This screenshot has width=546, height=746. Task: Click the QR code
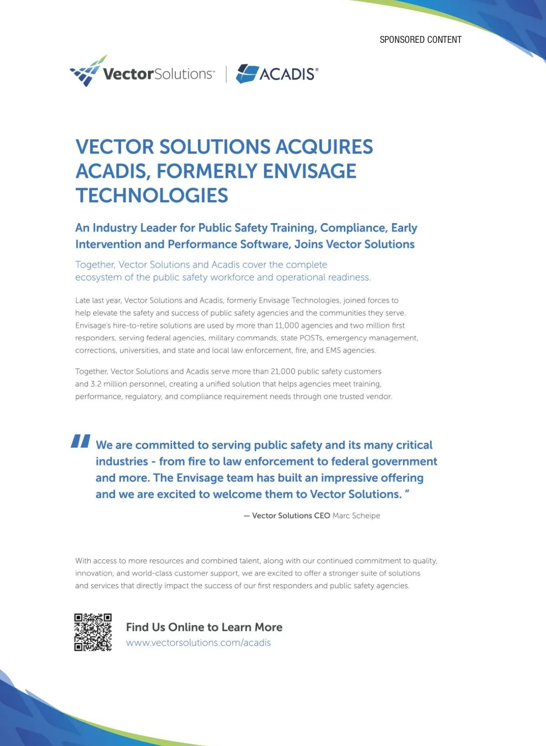pos(93,632)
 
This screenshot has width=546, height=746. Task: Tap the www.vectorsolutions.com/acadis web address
pos(198,643)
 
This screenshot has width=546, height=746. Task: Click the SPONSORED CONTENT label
pos(420,40)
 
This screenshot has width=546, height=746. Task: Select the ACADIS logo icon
pos(247,73)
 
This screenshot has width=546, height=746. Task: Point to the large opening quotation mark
pos(81,441)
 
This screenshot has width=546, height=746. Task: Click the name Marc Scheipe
pos(356,516)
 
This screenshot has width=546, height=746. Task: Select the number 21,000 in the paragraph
pos(283,372)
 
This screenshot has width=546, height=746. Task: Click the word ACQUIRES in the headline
pos(324,147)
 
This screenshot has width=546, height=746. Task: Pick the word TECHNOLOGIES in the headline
pos(152,196)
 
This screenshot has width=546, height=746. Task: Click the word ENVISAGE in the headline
pos(309,171)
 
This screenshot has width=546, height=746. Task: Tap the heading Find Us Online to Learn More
pos(204,627)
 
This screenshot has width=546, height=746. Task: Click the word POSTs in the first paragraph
pos(311,338)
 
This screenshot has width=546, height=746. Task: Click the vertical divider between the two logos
pos(226,74)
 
